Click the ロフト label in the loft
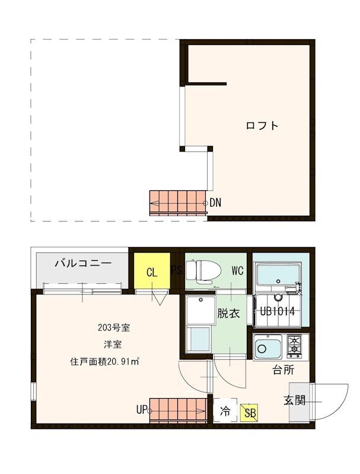262,126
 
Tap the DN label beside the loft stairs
215,203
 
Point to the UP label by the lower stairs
141,409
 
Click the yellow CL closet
151,272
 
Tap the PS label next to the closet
177,271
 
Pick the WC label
237,271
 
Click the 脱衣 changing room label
228,313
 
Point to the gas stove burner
295,346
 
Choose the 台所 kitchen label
283,371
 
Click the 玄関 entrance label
294,400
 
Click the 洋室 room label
109,344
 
